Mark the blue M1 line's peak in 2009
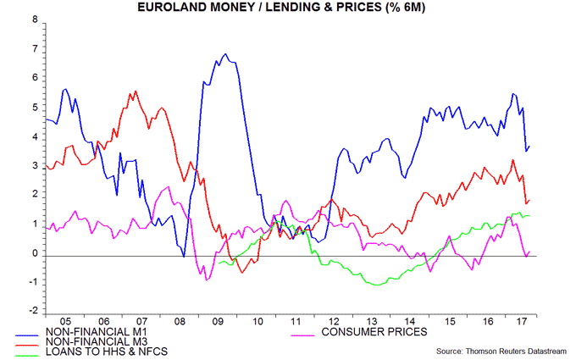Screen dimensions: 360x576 pyautogui.click(x=224, y=54)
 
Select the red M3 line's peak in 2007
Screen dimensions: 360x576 pyautogui.click(x=136, y=91)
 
